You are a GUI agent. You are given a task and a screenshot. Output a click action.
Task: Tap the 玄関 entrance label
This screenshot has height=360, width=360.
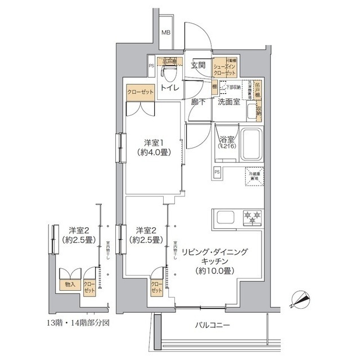[x=197, y=65]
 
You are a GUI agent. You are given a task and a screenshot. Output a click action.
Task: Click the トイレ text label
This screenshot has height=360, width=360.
[x=169, y=88]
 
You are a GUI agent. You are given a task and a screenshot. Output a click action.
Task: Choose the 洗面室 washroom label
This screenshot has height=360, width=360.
[x=229, y=102]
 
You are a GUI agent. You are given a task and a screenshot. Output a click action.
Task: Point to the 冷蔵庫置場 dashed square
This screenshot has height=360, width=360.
[x=255, y=175]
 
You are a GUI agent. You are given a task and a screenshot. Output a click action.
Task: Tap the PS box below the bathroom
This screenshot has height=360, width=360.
[x=217, y=172]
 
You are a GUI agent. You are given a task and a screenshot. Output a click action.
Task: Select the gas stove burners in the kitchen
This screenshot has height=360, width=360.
[x=251, y=216]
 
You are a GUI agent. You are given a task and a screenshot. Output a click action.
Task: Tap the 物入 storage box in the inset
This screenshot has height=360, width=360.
[x=70, y=285]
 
